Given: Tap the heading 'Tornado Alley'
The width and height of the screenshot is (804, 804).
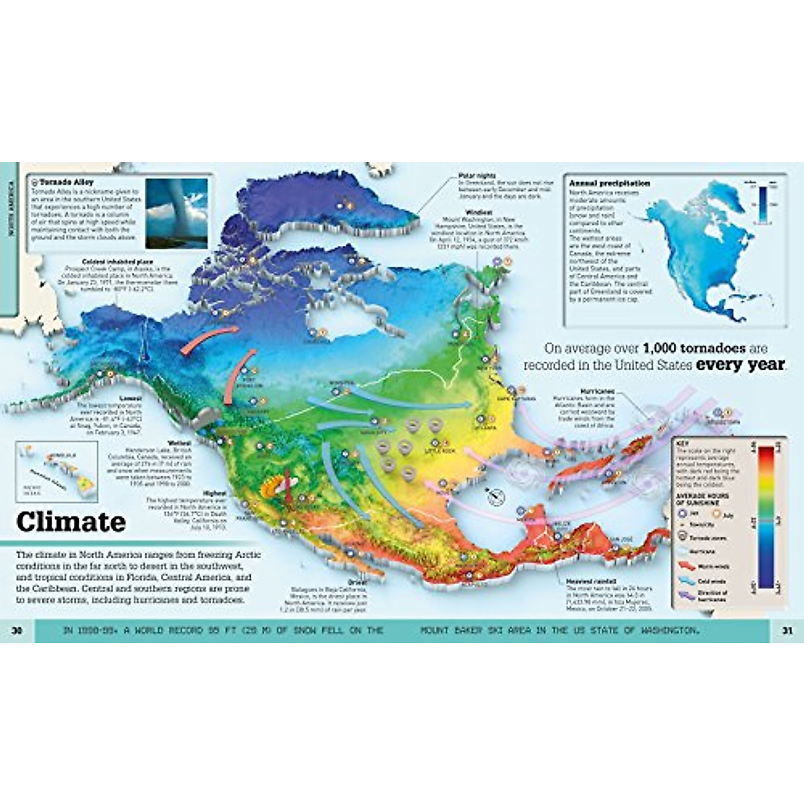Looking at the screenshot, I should point(67,182).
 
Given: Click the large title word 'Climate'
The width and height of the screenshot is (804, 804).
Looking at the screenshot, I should point(71,521).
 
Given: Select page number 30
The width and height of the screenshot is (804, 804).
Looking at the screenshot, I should point(17,630).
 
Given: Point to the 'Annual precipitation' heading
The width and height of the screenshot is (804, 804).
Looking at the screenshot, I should point(609,183).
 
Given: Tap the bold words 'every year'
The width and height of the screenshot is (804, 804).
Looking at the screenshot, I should point(740,365).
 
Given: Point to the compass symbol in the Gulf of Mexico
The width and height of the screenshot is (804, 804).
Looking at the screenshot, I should point(497,495).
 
